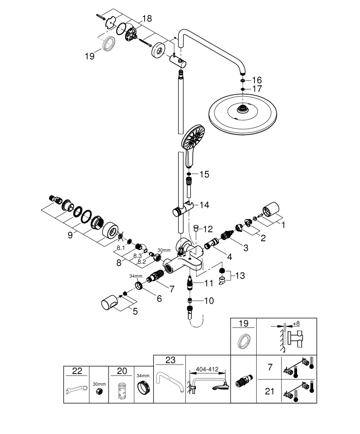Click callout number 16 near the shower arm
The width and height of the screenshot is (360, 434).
point(257,80)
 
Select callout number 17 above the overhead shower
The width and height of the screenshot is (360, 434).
point(257,89)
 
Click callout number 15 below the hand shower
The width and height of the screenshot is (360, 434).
point(204,174)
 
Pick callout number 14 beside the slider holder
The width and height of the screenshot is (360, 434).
point(204,204)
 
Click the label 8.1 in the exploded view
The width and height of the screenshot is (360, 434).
point(121,248)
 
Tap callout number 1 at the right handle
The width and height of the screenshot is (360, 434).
point(284,225)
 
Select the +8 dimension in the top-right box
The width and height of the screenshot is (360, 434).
point(297,324)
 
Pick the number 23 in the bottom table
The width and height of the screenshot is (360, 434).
point(170,359)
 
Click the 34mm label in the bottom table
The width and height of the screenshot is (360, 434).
point(143,376)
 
